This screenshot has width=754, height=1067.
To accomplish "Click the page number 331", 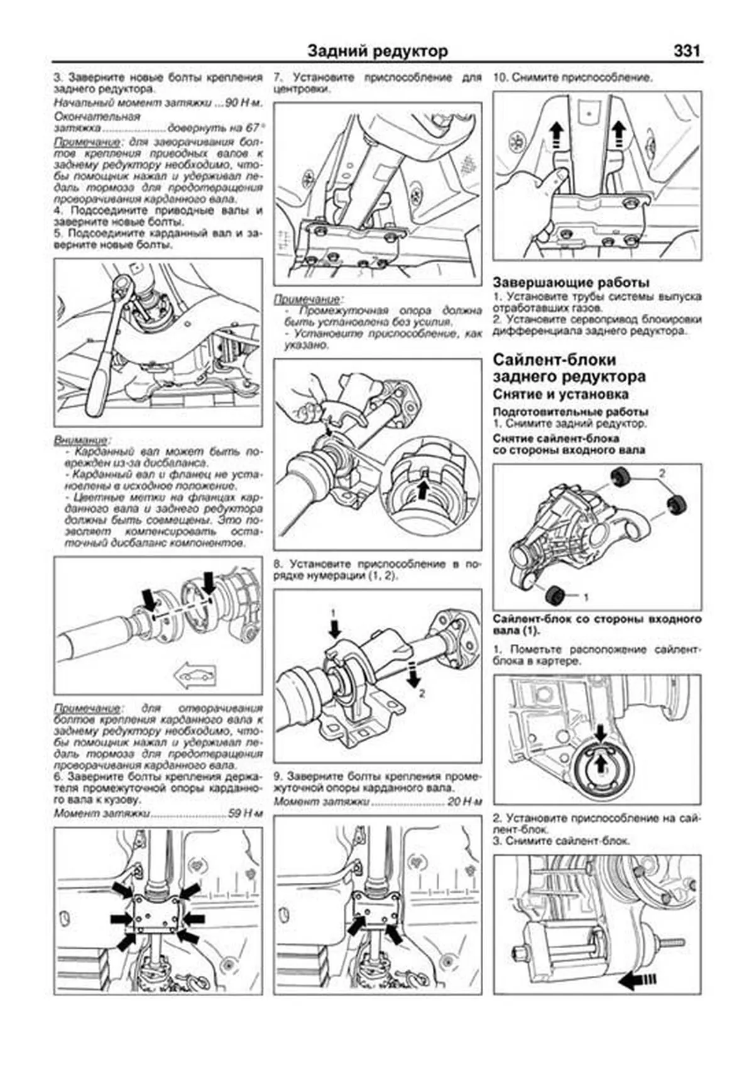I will [686, 51].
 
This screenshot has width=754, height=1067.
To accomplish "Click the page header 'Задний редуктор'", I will [378, 52].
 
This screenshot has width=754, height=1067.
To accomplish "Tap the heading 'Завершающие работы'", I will [571, 282].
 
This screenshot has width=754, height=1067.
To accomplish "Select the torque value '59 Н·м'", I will [245, 813].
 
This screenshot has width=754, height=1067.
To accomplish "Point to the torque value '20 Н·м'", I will [464, 802].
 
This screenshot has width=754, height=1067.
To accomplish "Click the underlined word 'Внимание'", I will [80, 440].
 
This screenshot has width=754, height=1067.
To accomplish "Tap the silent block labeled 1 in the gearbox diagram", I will [554, 594].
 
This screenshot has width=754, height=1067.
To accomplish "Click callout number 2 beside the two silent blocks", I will [662, 472].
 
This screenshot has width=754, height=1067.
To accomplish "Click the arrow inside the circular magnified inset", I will [425, 488].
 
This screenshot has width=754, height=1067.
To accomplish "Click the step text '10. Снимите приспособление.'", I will [572, 78].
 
